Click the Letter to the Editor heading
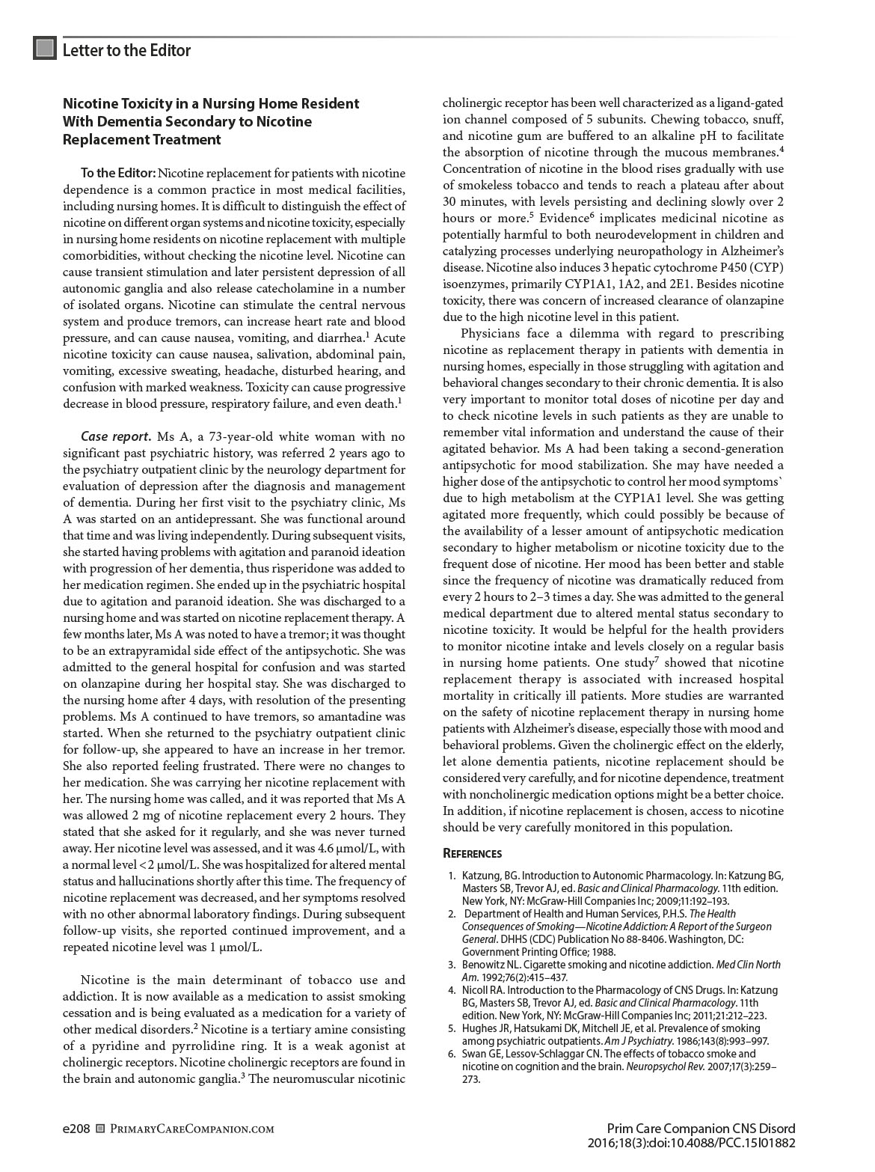coord(126,50)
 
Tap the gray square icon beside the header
coord(45,49)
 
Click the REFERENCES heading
coord(472,854)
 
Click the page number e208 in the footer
coord(76,1129)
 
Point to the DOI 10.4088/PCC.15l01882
coord(723,1143)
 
